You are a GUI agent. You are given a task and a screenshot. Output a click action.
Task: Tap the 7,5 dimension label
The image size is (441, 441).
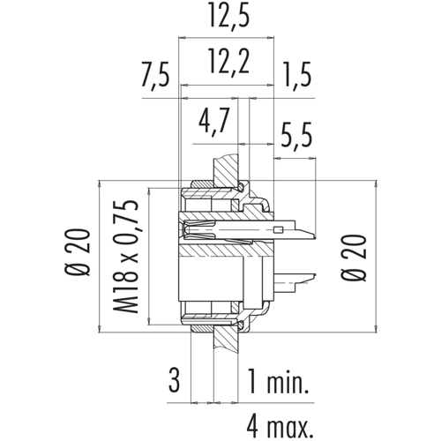155,75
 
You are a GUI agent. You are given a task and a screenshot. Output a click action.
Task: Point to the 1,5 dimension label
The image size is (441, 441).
297,75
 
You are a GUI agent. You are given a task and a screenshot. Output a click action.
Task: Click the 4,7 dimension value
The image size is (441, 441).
213,121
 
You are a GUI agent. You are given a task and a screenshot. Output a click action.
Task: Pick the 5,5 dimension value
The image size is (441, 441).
296,137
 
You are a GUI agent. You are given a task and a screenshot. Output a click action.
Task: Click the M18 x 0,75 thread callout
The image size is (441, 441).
125,257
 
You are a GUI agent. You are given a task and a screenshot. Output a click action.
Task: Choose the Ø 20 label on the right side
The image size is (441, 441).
355,258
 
